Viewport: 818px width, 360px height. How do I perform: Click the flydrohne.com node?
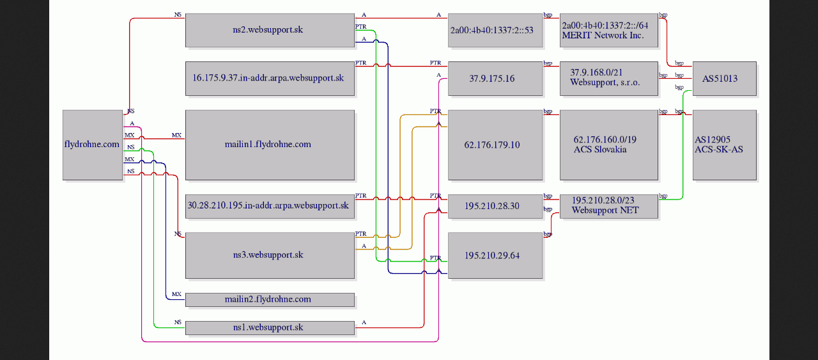93,145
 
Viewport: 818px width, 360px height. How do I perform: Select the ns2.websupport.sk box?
270,30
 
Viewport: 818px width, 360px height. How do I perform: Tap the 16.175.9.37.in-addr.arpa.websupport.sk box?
270,79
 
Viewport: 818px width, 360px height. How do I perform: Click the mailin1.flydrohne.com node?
270,145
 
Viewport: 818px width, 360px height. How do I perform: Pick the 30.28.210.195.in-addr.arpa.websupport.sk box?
270,206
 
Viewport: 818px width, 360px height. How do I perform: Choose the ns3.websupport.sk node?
270,255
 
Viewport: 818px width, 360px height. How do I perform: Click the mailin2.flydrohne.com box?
270,300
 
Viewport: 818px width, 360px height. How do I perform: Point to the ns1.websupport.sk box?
270,328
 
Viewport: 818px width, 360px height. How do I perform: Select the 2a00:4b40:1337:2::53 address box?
495,30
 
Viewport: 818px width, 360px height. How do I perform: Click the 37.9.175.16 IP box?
495,79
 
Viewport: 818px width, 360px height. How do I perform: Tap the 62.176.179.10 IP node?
495,145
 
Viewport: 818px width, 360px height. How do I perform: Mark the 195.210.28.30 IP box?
495,206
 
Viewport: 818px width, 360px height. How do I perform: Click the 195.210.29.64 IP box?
495,255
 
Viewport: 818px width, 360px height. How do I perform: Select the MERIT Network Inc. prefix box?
609,30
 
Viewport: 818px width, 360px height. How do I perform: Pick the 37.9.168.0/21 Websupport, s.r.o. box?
609,79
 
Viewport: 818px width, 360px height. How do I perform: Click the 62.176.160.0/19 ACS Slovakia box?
609,145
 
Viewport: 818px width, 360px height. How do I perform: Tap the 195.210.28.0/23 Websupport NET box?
609,206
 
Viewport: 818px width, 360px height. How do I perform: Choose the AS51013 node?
725,79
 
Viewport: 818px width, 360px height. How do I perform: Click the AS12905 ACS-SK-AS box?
725,145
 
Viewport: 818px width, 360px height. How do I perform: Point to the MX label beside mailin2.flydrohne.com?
176,294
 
